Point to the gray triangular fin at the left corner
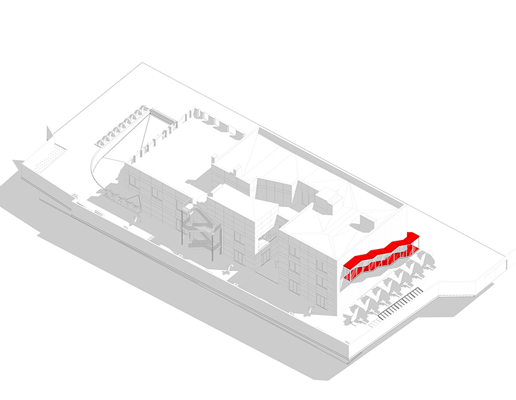[x=48, y=134]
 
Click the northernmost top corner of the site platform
[x=143, y=63]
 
